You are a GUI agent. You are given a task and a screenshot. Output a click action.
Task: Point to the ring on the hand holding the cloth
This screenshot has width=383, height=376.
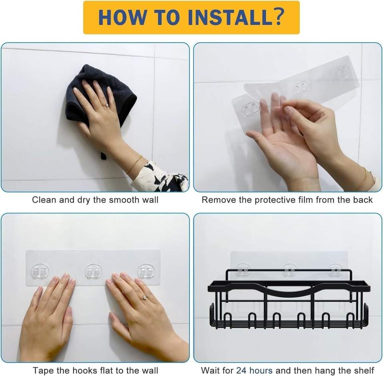pos(107,105)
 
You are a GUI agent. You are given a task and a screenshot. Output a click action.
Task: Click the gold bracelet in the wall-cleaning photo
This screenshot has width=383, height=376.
pos(134,164)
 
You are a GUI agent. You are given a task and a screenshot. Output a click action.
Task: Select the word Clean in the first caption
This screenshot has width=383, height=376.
pos(44,200)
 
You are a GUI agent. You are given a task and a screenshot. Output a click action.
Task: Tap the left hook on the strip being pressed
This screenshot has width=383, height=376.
pos(40,271)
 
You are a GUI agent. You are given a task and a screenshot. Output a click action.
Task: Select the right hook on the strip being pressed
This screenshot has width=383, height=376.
pos(146,271)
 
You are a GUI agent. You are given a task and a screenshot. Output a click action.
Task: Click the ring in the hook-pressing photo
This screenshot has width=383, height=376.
pos(144,298)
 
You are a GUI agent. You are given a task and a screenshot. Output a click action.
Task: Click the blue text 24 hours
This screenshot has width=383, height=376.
pos(254,370)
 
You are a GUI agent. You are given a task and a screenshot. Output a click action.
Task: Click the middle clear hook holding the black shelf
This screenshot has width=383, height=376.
pos(289,269)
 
